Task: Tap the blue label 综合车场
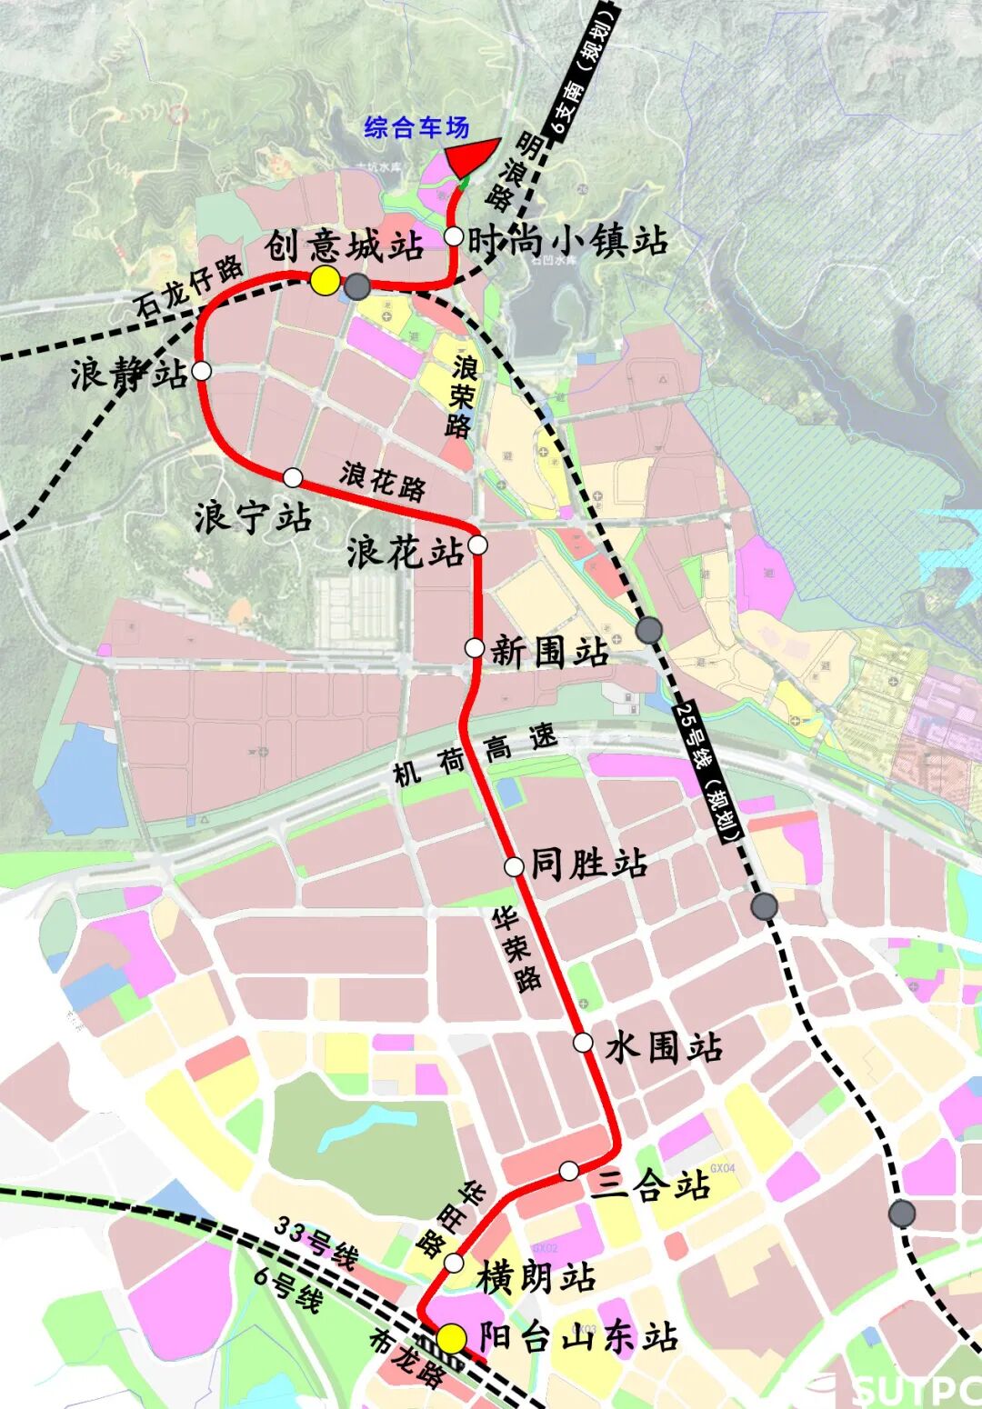click(416, 127)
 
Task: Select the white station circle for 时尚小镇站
click(454, 236)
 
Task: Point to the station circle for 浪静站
click(202, 371)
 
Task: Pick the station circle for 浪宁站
click(293, 477)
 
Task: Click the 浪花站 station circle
click(478, 545)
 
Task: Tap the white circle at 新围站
click(475, 647)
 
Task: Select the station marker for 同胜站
click(514, 865)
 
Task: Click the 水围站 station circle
click(583, 1043)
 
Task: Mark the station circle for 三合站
click(569, 1171)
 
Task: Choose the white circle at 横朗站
click(455, 1263)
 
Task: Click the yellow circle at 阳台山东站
click(451, 1338)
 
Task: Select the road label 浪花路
click(383, 481)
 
